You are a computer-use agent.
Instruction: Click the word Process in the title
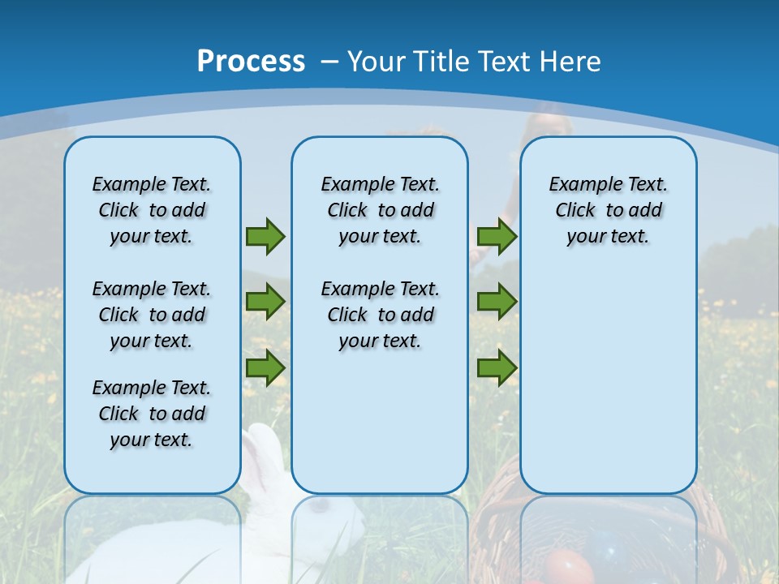pos(251,62)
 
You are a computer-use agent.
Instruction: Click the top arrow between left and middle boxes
pos(265,236)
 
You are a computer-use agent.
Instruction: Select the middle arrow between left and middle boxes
pos(265,302)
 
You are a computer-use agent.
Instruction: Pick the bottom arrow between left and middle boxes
pos(265,367)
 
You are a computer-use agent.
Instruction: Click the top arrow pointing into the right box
pos(497,236)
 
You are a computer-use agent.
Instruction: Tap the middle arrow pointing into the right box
pos(497,302)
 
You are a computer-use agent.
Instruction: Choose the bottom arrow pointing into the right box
pos(497,367)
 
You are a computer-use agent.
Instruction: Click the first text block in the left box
pos(152,210)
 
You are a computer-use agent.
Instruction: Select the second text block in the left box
pos(152,315)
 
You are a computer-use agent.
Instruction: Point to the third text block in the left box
pos(152,414)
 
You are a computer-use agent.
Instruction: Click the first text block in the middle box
pos(380,210)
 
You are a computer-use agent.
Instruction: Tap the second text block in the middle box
pos(380,315)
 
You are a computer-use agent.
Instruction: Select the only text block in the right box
pos(608,210)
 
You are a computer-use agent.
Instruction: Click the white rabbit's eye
pos(323,507)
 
